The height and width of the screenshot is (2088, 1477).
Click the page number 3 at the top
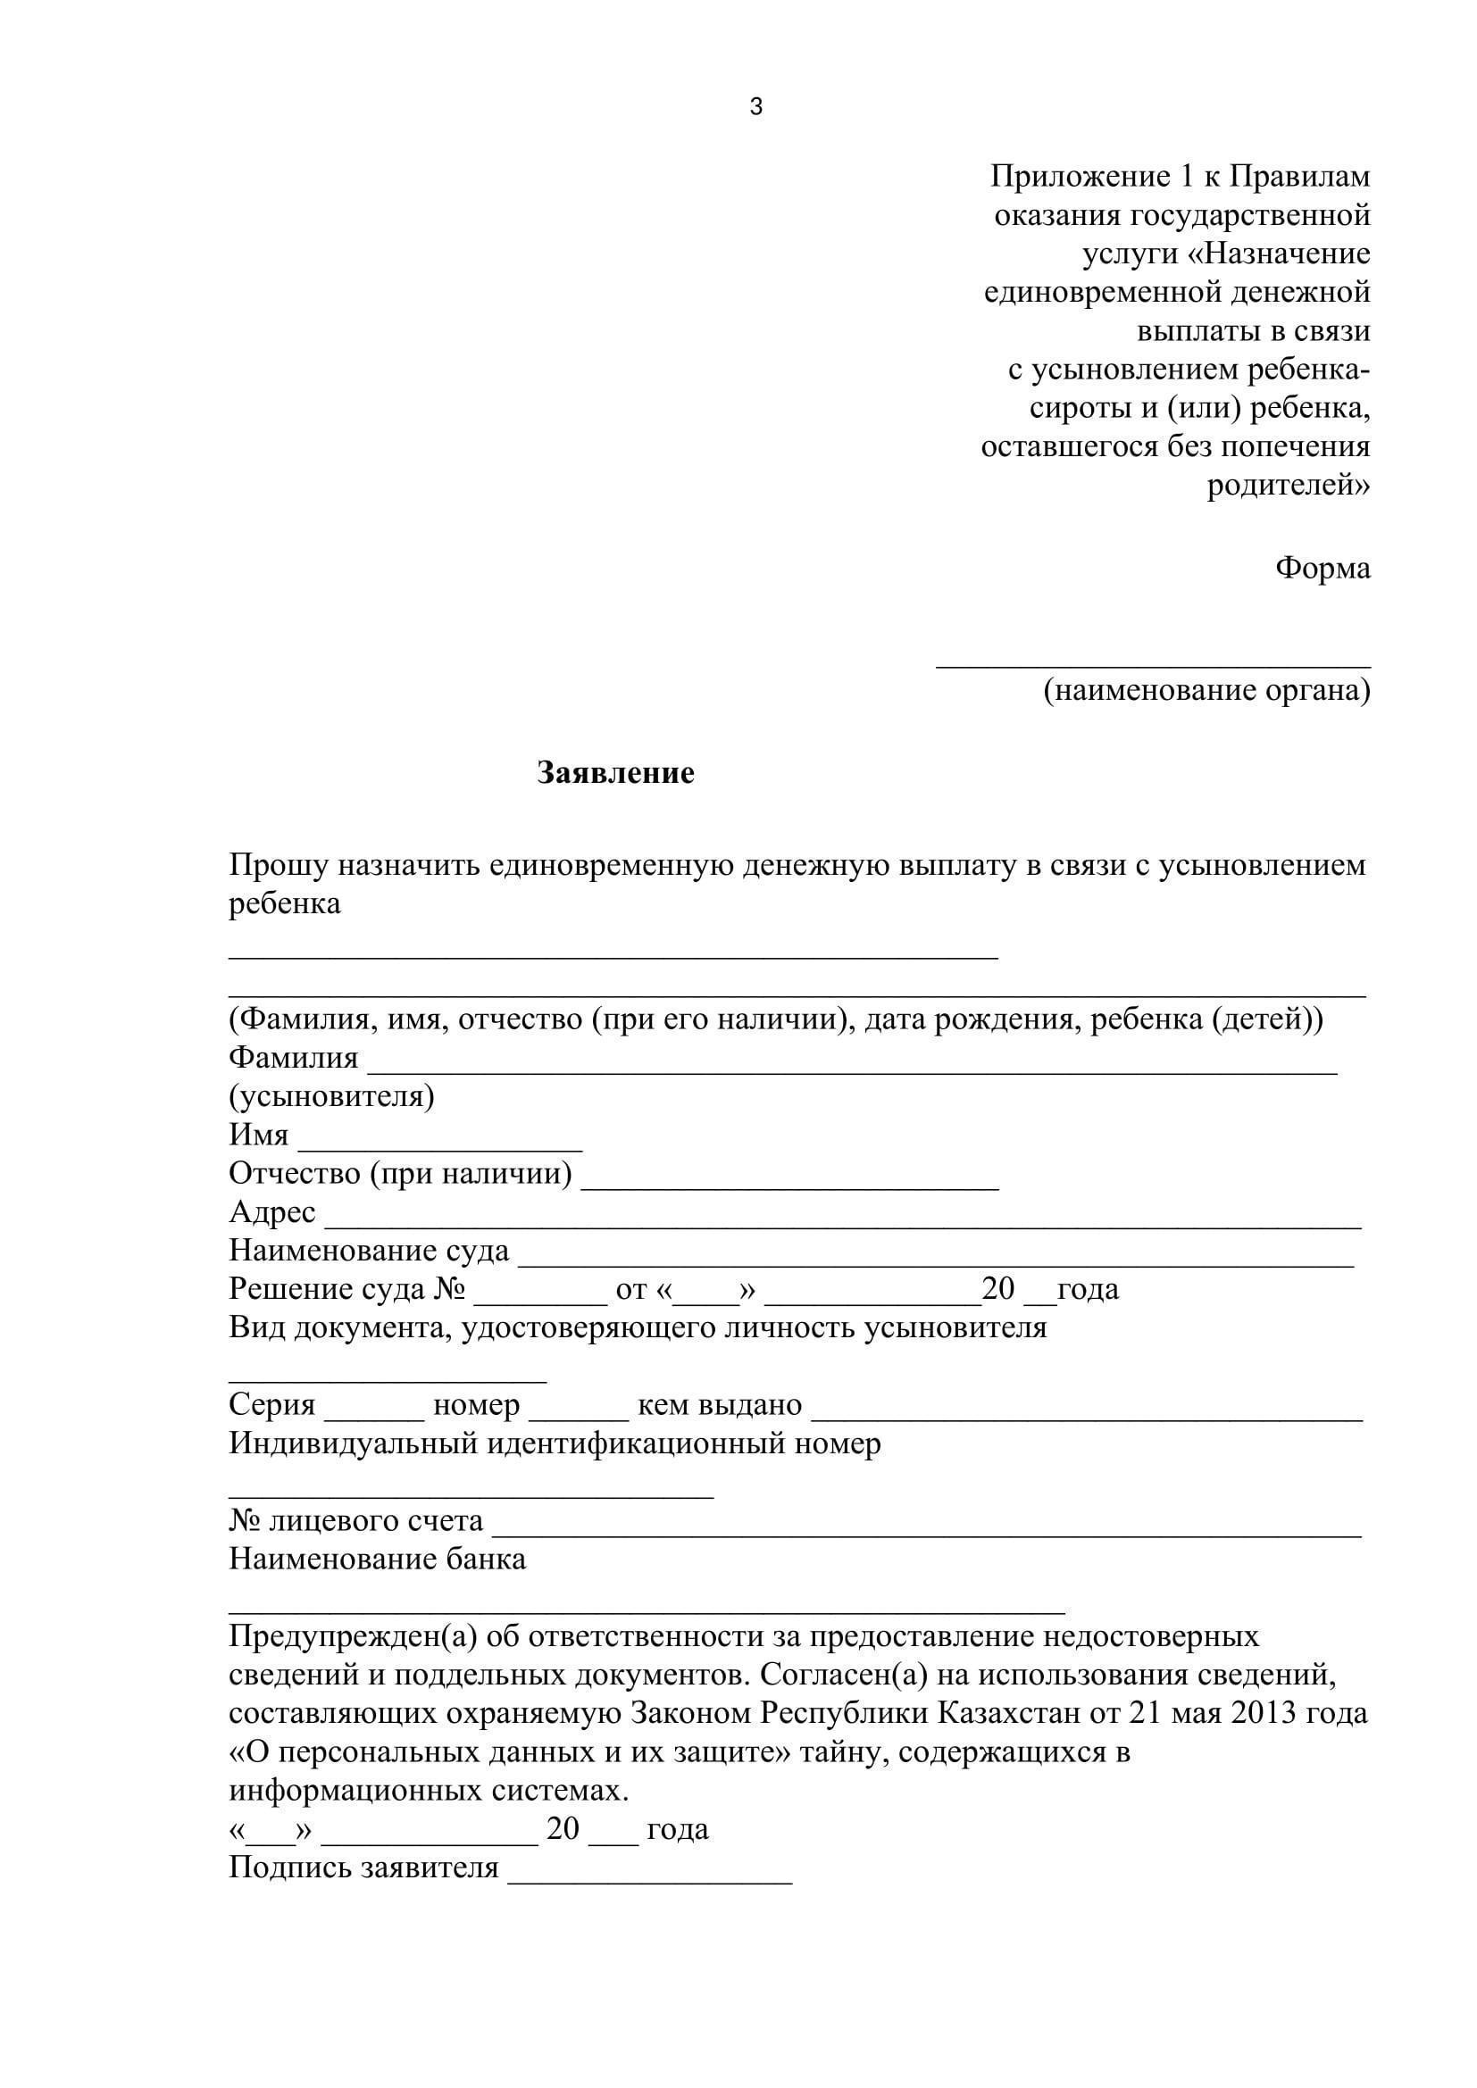755,107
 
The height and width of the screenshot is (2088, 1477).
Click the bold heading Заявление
616,773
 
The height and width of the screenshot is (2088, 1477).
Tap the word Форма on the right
1323,569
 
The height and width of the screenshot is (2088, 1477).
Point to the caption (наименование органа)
1206,690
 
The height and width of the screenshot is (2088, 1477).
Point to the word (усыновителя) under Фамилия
331,1097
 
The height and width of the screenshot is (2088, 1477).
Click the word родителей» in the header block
1288,486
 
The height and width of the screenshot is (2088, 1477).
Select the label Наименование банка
378,1559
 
